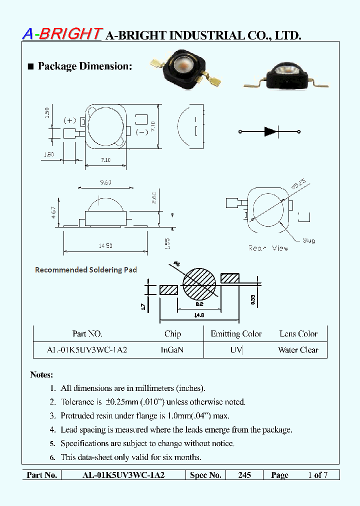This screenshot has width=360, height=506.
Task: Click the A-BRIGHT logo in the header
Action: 62,33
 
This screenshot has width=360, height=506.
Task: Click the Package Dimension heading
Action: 84,66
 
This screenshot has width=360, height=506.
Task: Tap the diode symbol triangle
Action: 270,132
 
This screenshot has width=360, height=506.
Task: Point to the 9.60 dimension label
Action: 105,183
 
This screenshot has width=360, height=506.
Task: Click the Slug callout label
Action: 308,240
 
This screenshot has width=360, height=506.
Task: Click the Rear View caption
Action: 268,248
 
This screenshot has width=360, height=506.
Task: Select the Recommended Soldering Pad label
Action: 85,269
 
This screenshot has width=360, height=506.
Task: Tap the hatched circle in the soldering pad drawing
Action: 199,285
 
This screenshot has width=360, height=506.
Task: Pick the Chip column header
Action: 172,333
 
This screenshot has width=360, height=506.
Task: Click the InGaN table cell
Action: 172,350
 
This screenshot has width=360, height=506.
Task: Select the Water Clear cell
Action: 298,350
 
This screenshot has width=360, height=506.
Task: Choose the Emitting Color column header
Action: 236,333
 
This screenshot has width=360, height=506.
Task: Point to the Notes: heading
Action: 41,374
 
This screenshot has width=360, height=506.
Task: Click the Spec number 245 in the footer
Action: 244,475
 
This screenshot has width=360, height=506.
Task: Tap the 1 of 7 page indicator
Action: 317,475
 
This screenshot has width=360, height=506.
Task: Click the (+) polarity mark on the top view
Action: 69,121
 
